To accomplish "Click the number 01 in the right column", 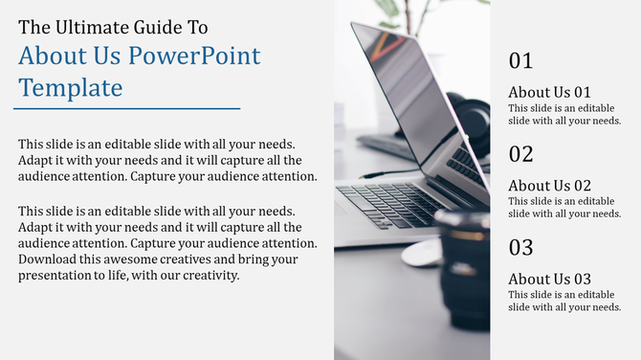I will pos(520,61).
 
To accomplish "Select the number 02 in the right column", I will pos(520,154).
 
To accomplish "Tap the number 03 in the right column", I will pos(520,248).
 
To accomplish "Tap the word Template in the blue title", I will pos(71,88).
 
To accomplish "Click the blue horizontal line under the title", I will pos(128,109).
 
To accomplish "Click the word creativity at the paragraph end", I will pos(205,277).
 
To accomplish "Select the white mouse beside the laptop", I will pos(420,253).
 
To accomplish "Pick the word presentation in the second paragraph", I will pos(57,277).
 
